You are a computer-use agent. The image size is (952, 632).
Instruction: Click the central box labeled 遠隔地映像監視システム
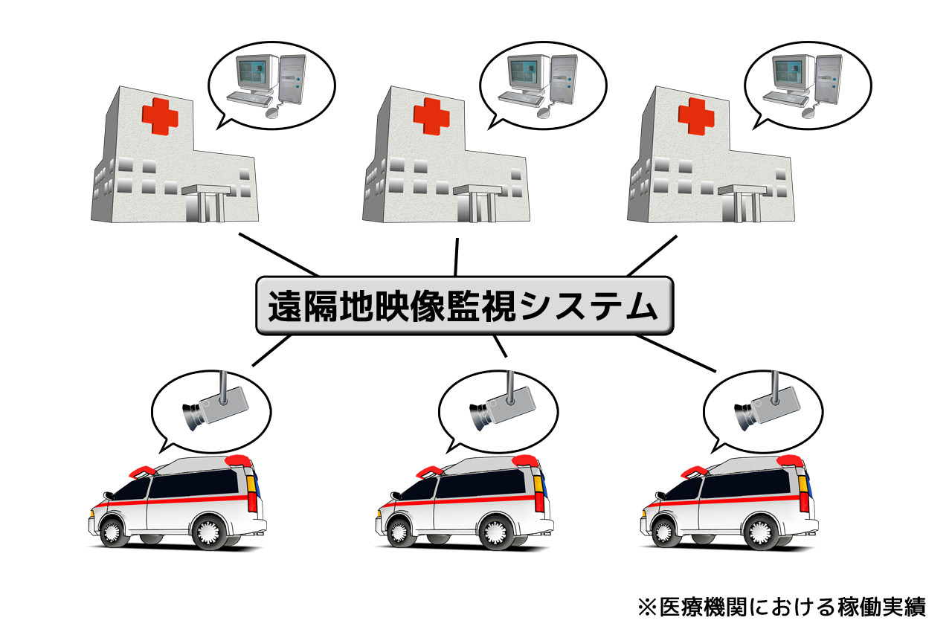pos(464,306)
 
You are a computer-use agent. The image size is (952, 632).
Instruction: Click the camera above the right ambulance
pos(765,406)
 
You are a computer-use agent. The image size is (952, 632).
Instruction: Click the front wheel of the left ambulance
pos(112,529)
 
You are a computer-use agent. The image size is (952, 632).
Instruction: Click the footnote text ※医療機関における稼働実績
pos(782,607)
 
